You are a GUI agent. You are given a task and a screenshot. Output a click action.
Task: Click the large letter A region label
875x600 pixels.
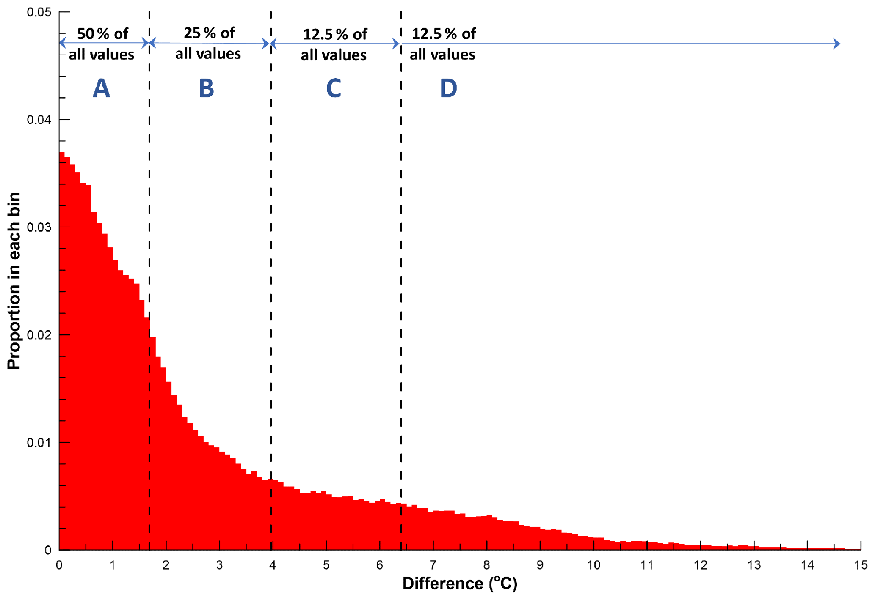101,88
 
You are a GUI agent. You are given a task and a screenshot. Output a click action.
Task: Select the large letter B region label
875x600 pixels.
207,88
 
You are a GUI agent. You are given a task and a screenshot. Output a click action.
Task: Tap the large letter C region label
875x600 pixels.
334,88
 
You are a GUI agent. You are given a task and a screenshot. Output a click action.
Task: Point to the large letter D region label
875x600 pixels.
448,88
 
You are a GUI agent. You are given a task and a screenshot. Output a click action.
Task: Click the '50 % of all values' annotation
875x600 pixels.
102,44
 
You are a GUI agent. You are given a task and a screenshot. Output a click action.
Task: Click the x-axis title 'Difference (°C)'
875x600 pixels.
460,584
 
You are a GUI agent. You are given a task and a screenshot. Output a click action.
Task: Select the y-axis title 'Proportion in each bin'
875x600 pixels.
14,281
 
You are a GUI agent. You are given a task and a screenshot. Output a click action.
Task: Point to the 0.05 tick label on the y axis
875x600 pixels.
39,12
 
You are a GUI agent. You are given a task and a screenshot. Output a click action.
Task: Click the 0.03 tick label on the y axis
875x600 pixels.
39,227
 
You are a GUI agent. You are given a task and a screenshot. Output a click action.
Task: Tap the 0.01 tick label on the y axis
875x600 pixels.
39,443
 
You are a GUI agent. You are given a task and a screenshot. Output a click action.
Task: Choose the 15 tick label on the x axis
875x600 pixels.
861,565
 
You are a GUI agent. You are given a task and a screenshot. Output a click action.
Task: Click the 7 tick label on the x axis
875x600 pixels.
433,565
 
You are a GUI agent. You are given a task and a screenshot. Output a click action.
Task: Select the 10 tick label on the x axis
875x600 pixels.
593,565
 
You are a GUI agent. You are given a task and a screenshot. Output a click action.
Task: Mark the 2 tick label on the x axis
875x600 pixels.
166,565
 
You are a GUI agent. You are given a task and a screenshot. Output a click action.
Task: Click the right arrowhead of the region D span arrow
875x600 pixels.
836,44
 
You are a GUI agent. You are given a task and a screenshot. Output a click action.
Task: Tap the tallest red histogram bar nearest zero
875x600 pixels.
62,351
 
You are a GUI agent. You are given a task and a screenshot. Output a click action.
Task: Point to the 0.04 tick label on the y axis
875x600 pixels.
39,120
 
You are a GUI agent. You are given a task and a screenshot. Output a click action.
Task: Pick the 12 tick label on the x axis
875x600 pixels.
700,565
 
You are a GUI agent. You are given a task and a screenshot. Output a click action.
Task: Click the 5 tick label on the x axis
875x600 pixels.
326,565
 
